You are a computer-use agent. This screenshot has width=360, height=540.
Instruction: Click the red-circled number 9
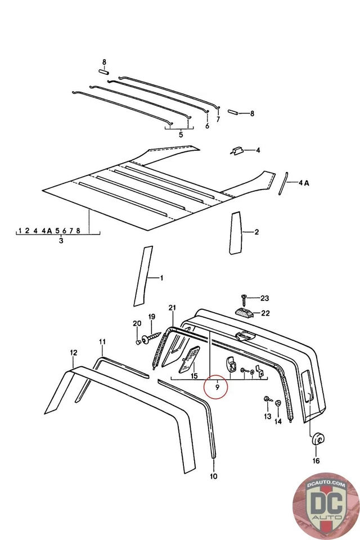click(217, 387)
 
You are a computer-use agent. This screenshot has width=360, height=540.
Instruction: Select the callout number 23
click(264, 298)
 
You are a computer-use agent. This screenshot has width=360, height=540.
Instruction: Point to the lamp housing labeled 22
click(243, 313)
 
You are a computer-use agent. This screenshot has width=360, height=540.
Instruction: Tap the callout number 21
click(172, 307)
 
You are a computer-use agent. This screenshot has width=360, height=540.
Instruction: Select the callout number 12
click(74, 353)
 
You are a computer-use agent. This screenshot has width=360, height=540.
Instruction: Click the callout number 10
click(214, 477)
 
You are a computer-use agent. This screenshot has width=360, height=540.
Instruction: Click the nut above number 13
click(266, 400)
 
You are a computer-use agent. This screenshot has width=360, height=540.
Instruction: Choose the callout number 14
click(278, 421)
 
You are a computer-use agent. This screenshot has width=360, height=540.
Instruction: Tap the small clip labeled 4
click(237, 151)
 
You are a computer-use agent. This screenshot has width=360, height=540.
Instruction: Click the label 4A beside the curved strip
click(303, 183)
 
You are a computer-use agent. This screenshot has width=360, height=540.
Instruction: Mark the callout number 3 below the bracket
click(61, 241)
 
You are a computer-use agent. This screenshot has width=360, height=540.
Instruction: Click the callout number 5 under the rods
click(181, 135)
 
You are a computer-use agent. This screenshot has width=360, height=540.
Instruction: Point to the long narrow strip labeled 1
click(143, 276)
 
